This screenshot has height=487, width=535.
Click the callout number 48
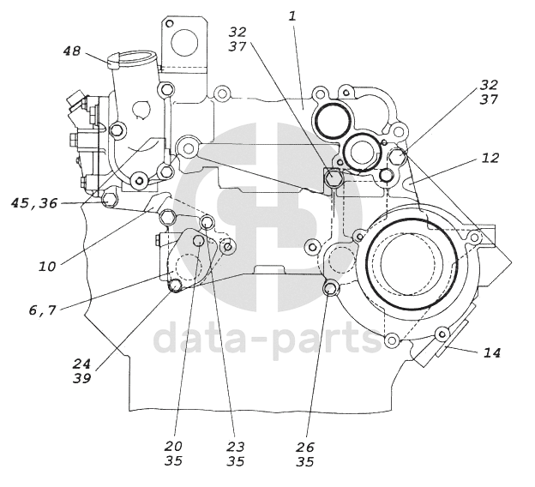pyautogui.click(x=72, y=51)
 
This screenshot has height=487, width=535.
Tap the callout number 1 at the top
pyautogui.click(x=292, y=16)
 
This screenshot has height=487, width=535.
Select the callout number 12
pyautogui.click(x=490, y=158)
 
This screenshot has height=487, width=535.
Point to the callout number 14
pyautogui.click(x=491, y=352)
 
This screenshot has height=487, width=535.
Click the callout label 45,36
pyautogui.click(x=33, y=203)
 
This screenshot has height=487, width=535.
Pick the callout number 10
pyautogui.click(x=47, y=266)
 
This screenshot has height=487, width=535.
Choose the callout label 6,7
pyautogui.click(x=42, y=310)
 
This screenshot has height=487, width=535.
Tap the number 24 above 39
pyautogui.click(x=81, y=364)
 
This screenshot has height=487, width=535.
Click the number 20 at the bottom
pyautogui.click(x=173, y=446)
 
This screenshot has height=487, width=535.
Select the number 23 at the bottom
pyautogui.click(x=236, y=446)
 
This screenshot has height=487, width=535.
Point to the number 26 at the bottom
pyautogui.click(x=304, y=447)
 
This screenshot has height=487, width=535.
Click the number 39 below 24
pyautogui.click(x=81, y=378)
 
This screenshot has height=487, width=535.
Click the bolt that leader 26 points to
pyautogui.click(x=330, y=289)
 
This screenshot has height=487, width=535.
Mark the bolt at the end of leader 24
pyautogui.click(x=176, y=286)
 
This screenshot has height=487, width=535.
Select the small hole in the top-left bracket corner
pyautogui.click(x=169, y=23)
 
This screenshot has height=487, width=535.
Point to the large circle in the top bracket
pyautogui.click(x=184, y=44)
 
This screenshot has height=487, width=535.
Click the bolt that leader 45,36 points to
pyautogui.click(x=109, y=199)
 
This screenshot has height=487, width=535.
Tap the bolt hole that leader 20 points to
pyautogui.click(x=198, y=241)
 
